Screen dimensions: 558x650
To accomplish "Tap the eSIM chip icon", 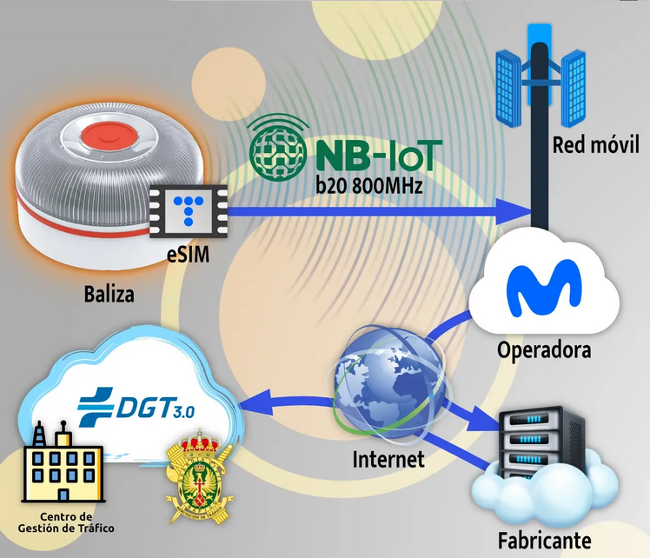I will click(x=189, y=207).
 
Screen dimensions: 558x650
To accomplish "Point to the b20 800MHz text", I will click(x=371, y=184).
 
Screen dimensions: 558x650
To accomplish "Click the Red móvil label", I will click(x=595, y=143).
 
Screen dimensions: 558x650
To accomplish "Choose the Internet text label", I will click(x=388, y=458).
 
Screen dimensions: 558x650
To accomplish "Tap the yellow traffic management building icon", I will click(x=60, y=468).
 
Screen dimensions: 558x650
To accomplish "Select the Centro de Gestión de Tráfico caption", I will click(x=65, y=522).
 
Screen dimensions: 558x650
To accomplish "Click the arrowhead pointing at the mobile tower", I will click(x=517, y=209).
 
